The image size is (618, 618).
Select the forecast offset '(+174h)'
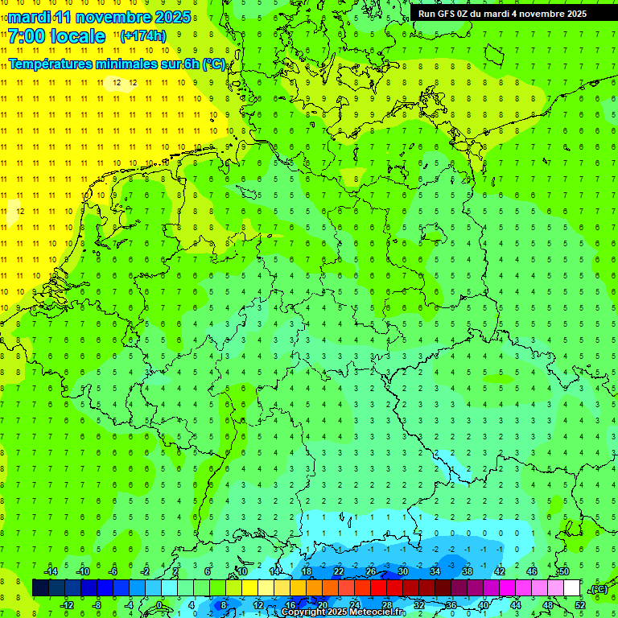(x=142, y=36)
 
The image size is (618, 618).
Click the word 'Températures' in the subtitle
(x=51, y=64)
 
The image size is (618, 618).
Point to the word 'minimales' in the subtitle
(x=129, y=64)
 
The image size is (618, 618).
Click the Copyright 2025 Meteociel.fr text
(x=344, y=612)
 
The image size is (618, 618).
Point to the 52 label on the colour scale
(x=580, y=604)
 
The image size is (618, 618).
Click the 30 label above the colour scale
(x=403, y=571)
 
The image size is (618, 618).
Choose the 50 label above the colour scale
(x=564, y=571)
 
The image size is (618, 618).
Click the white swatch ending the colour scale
(x=572, y=587)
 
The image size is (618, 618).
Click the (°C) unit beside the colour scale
(x=598, y=589)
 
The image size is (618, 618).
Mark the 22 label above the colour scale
(x=339, y=571)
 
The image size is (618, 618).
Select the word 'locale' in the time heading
(x=76, y=36)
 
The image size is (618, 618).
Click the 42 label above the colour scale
(x=500, y=571)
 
